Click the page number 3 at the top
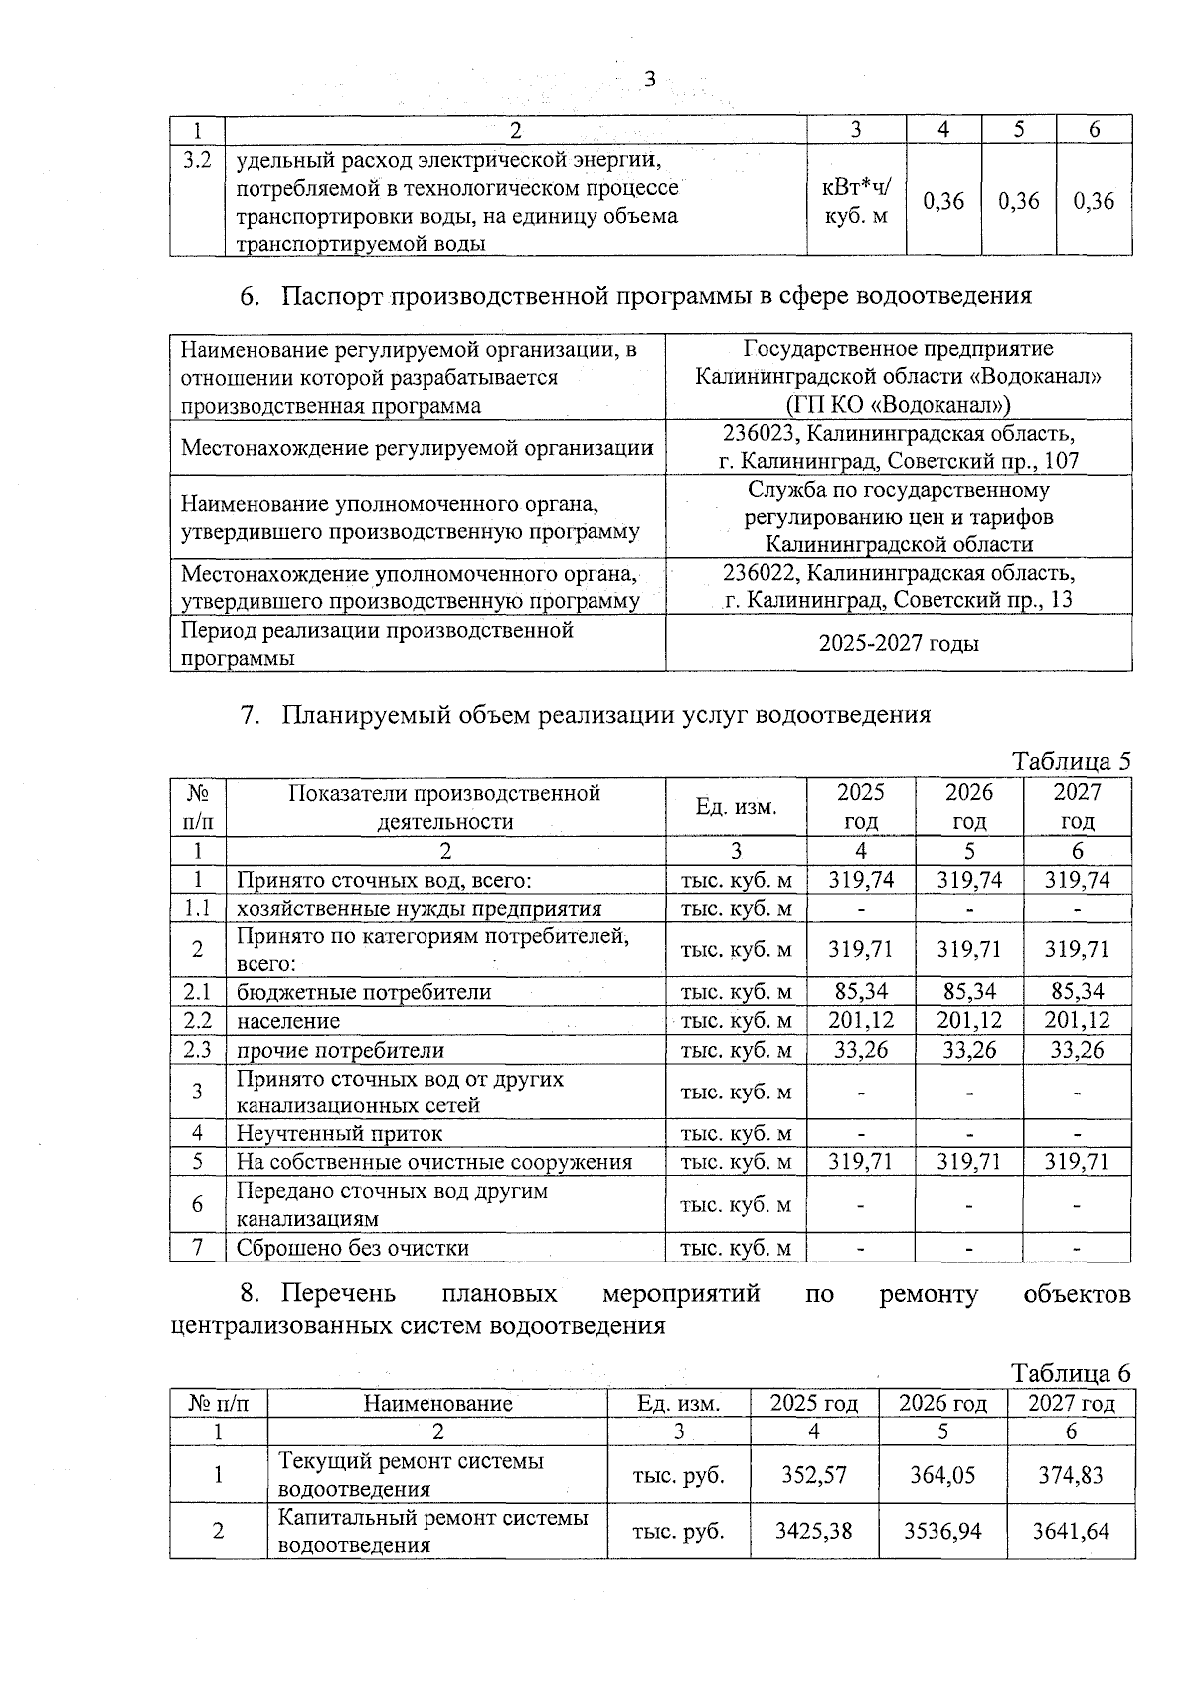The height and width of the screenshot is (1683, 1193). click(x=650, y=80)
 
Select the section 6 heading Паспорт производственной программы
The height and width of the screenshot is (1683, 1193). click(x=656, y=295)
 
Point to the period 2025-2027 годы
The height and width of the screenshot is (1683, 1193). click(x=899, y=643)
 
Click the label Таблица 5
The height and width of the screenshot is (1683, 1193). click(x=1071, y=761)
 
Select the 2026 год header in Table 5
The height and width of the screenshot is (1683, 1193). click(x=968, y=806)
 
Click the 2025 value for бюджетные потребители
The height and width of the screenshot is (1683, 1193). click(x=860, y=991)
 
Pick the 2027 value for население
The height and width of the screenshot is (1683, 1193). click(x=1077, y=1020)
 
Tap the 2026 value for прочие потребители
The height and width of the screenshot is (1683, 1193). click(x=968, y=1049)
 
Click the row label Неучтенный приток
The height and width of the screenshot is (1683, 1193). click(x=339, y=1133)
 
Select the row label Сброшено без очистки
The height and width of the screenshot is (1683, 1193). click(x=352, y=1247)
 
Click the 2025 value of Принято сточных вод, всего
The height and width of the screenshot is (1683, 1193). click(x=860, y=879)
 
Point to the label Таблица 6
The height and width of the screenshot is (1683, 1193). click(x=1071, y=1373)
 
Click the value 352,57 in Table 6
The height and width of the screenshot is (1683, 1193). click(x=814, y=1474)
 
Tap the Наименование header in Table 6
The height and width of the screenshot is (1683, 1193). click(x=437, y=1403)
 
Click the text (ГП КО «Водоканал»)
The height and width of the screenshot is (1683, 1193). click(x=899, y=405)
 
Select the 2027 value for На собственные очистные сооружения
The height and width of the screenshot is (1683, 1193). click(x=1077, y=1161)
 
